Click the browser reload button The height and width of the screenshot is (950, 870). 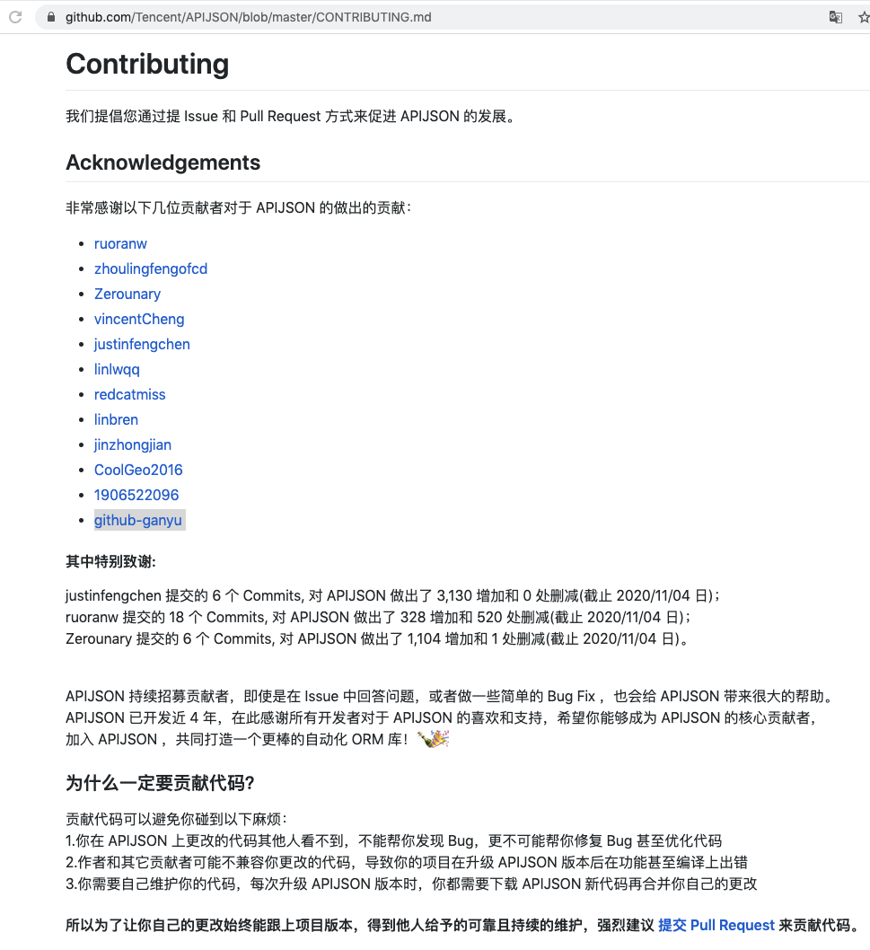pyautogui.click(x=15, y=17)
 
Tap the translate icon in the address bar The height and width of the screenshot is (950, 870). pyautogui.click(x=836, y=17)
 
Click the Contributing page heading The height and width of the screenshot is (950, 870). pyautogui.click(x=147, y=64)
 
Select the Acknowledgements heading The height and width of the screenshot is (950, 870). pyautogui.click(x=163, y=163)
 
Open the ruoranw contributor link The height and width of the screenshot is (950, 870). pyautogui.click(x=120, y=243)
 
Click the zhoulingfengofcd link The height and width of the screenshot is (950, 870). pyautogui.click(x=151, y=268)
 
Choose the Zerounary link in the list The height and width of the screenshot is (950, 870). pyautogui.click(x=127, y=294)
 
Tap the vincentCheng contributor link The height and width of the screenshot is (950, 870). pyautogui.click(x=139, y=319)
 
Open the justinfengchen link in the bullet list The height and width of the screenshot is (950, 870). pyautogui.click(x=142, y=344)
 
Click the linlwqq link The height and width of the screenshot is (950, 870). pyautogui.click(x=117, y=369)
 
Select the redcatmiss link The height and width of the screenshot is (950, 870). pyautogui.click(x=130, y=394)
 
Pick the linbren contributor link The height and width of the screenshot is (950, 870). pyautogui.click(x=116, y=419)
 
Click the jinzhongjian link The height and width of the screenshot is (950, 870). pyautogui.click(x=133, y=444)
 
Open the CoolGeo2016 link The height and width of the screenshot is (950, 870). pyautogui.click(x=138, y=470)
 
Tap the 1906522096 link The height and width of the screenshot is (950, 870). pyautogui.click(x=136, y=495)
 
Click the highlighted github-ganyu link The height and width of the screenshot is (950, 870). pyautogui.click(x=138, y=520)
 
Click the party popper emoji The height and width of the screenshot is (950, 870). pyautogui.click(x=434, y=739)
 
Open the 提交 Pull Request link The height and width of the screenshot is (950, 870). pyautogui.click(x=716, y=925)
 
